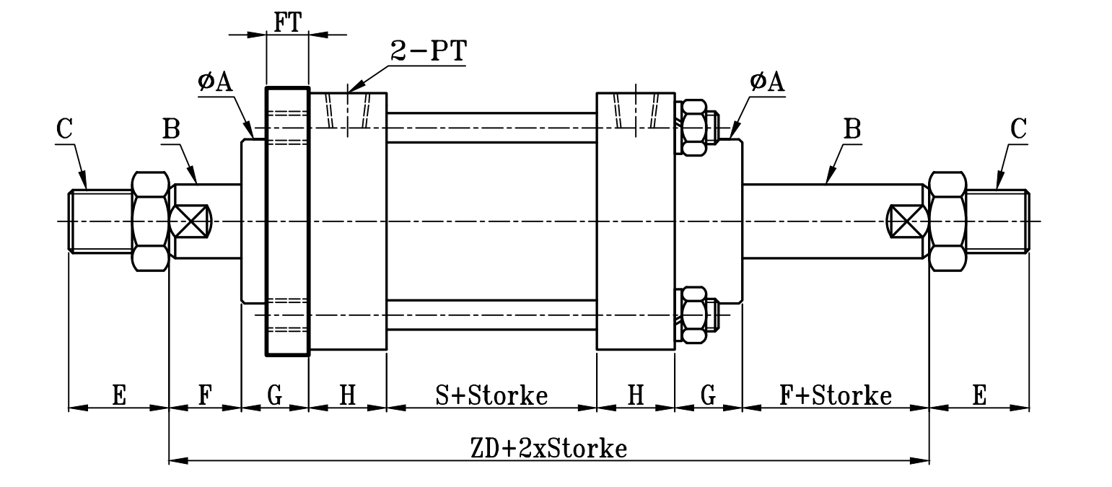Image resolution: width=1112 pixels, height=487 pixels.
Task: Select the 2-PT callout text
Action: [x=428, y=51]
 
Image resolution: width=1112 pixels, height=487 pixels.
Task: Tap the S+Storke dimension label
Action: [x=491, y=395]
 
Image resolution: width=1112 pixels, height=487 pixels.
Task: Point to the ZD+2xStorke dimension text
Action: [x=548, y=448]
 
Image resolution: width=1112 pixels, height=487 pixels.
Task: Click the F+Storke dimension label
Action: [x=836, y=395]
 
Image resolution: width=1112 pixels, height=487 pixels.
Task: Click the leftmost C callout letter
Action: [x=64, y=129]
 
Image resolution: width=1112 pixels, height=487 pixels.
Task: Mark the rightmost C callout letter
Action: [x=1018, y=129]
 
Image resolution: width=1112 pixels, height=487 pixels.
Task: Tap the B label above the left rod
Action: [x=171, y=129]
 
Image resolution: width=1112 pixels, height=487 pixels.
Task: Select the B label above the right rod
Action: [x=852, y=129]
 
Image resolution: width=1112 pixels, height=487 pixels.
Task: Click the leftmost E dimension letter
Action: [x=119, y=395]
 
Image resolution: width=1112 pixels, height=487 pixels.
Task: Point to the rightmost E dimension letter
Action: [x=979, y=395]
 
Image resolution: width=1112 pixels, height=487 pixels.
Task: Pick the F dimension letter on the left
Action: [x=204, y=395]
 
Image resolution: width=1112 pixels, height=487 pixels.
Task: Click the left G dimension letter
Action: [x=274, y=395]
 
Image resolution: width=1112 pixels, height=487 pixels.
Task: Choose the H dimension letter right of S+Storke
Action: [x=636, y=395]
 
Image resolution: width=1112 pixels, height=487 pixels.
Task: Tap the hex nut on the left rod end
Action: [x=150, y=221]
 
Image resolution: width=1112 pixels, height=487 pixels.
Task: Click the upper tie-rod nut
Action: [x=694, y=128]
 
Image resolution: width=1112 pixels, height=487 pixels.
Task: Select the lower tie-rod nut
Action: [x=694, y=314]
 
